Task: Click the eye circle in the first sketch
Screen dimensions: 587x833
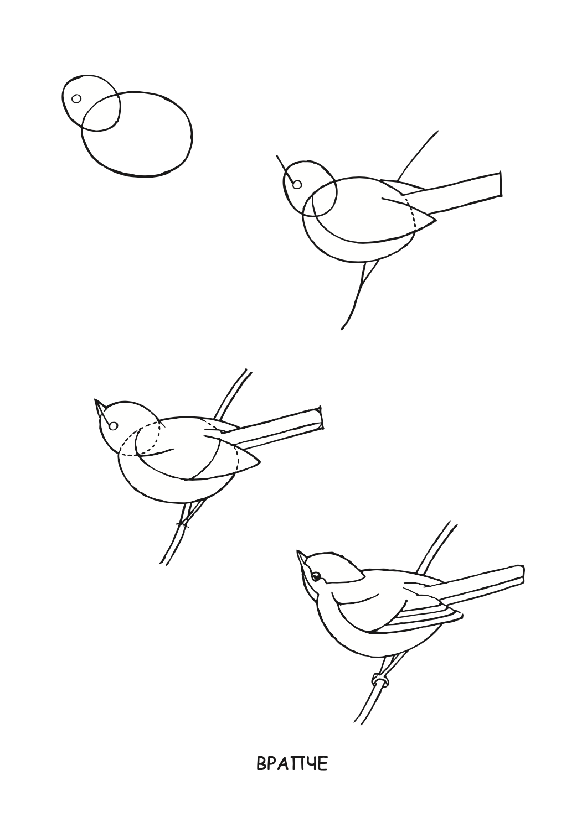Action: [x=76, y=99]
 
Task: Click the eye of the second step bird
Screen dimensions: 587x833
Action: [x=297, y=184]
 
